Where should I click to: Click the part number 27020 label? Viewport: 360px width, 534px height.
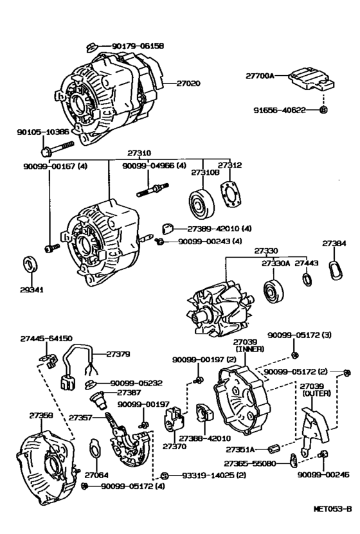[x=188, y=83]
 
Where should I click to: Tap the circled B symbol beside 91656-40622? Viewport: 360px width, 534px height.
[x=323, y=110]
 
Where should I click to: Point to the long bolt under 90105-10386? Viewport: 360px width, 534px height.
[x=57, y=148]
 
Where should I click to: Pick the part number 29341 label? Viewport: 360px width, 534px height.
[x=32, y=290]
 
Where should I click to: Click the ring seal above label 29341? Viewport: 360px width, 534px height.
[x=30, y=263]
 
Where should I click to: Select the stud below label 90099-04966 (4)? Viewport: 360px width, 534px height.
[x=152, y=190]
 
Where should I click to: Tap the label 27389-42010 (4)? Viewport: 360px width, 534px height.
[x=219, y=228]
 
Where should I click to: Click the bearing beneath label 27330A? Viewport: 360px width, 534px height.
[x=273, y=292]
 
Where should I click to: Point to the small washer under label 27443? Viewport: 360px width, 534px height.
[x=307, y=280]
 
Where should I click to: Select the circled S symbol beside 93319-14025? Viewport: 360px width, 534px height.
[x=164, y=476]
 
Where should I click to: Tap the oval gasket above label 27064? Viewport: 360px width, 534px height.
[x=94, y=450]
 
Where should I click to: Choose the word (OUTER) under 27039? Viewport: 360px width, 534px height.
[x=317, y=393]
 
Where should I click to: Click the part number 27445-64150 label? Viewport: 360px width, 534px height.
[x=46, y=339]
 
